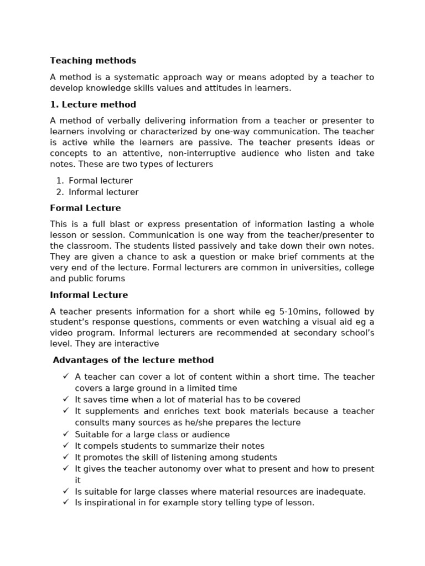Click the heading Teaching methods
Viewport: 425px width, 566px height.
coord(93,61)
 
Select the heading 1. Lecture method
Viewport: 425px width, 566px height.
coord(93,104)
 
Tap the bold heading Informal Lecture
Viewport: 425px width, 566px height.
coord(89,295)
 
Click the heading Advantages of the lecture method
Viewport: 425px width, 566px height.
coord(133,360)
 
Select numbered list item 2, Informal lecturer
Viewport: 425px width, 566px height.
coord(103,192)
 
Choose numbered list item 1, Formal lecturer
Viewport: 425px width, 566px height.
coord(101,181)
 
